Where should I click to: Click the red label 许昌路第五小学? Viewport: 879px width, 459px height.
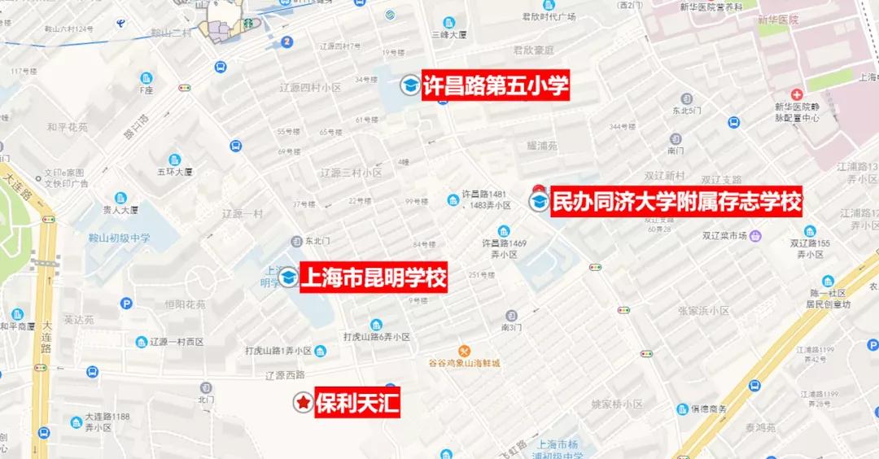click(x=495, y=85)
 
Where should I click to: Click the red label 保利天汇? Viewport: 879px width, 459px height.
click(x=357, y=402)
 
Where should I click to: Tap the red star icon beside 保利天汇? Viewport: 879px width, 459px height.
click(x=302, y=402)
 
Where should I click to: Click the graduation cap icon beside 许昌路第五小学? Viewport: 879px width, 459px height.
click(x=409, y=85)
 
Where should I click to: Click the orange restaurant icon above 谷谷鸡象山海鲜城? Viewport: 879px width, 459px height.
click(x=465, y=350)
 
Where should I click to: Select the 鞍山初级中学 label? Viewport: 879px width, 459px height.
click(x=120, y=238)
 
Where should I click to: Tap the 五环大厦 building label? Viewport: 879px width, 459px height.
click(x=175, y=172)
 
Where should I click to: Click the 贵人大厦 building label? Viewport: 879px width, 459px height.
click(x=120, y=209)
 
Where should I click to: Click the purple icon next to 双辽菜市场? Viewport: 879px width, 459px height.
click(x=756, y=236)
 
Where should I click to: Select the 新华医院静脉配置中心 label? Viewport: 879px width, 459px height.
click(x=797, y=112)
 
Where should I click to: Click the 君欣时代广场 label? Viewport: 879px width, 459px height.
click(x=549, y=16)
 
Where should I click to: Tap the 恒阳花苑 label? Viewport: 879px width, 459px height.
click(x=186, y=304)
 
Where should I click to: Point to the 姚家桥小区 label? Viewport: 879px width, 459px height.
click(x=617, y=404)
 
